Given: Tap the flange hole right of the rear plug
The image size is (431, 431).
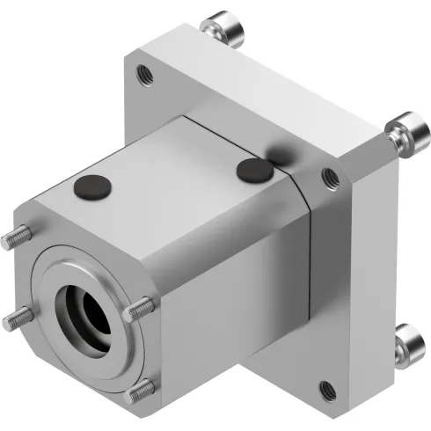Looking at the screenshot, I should click(x=331, y=176).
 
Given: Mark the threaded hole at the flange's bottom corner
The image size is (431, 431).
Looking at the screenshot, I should click(x=326, y=387).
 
